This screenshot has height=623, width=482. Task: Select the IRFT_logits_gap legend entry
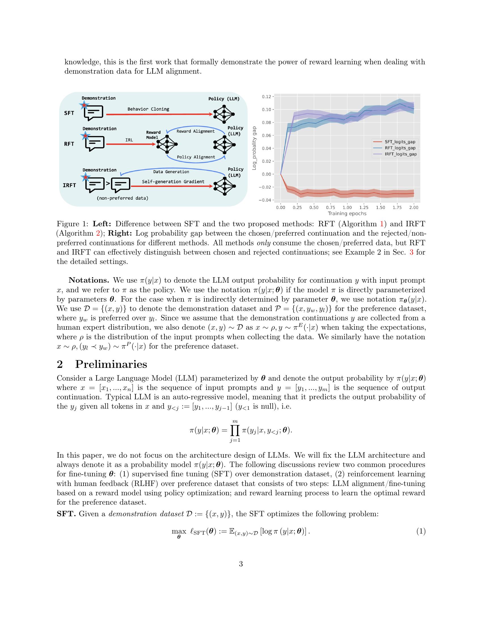pos(401,154)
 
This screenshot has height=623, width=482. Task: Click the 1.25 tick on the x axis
pos(364,208)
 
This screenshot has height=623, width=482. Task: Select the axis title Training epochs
pos(347,213)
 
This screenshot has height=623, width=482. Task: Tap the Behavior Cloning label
pos(148,109)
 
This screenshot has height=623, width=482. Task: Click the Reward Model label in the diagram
pos(153,135)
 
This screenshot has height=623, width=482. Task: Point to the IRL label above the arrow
pos(129,140)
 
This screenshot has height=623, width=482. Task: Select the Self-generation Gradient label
pos(173,182)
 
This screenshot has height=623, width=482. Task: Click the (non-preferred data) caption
pos(122,198)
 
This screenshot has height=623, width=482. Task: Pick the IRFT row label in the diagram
pos(69,185)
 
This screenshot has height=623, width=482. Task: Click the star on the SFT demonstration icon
pos(84,105)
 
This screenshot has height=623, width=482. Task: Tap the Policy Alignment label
pos(196,157)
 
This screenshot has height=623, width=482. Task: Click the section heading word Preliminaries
pos(111,364)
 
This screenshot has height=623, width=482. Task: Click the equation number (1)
pos(420,531)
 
